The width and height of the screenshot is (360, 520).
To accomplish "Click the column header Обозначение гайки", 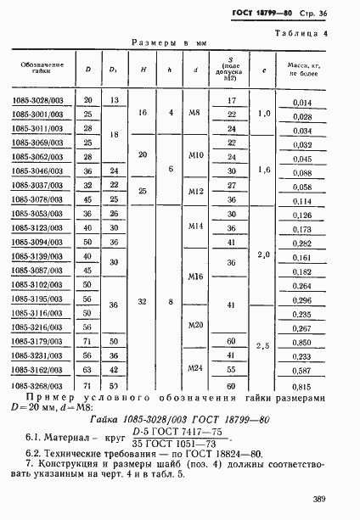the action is tap(37, 69).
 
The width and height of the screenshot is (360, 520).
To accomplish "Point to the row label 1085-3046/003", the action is tap(37, 171).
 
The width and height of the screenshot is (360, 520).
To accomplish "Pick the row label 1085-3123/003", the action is tap(37, 228).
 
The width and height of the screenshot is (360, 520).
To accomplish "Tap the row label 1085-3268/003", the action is tap(37, 385).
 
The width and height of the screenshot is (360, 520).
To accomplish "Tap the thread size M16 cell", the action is tap(195, 277).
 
